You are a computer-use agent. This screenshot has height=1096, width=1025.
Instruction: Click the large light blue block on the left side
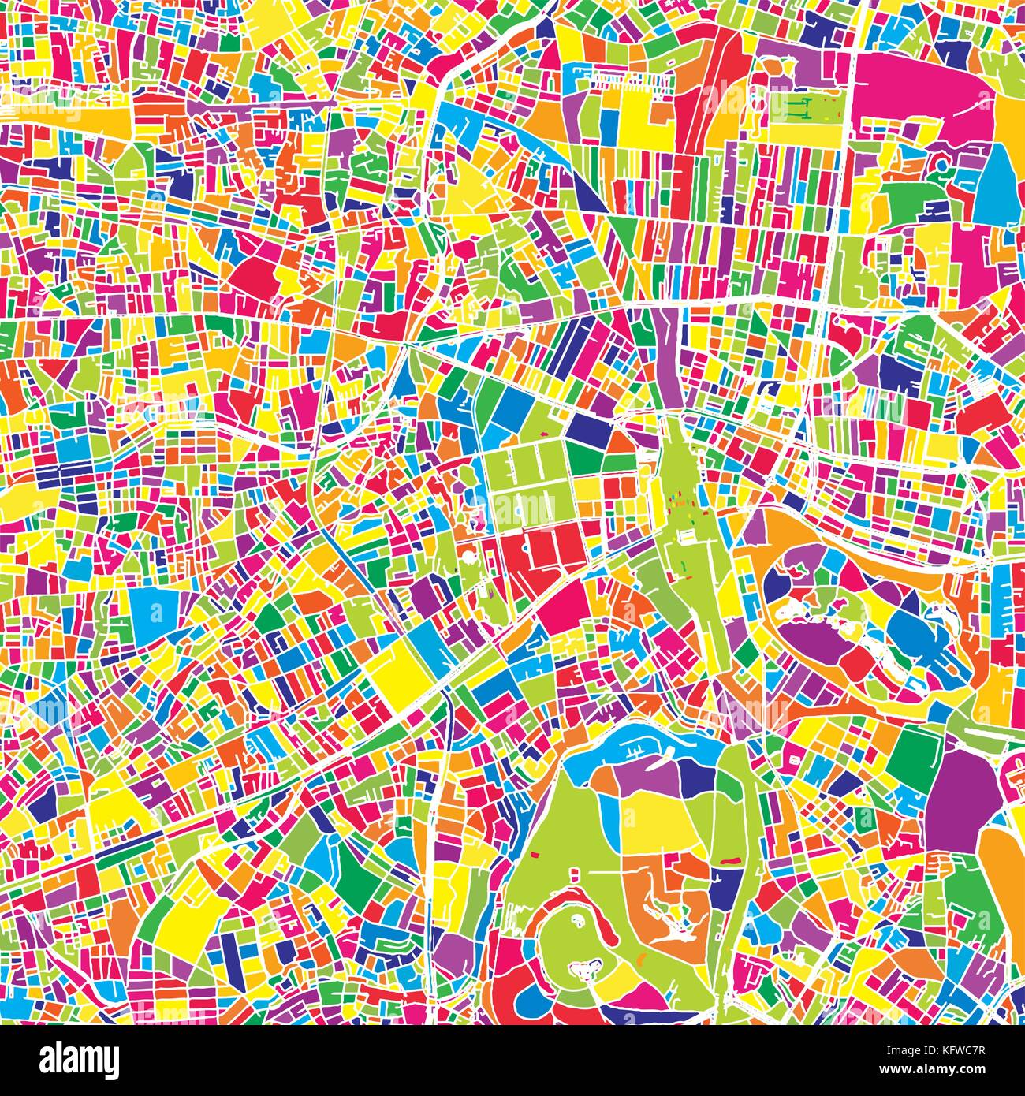(155, 608)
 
